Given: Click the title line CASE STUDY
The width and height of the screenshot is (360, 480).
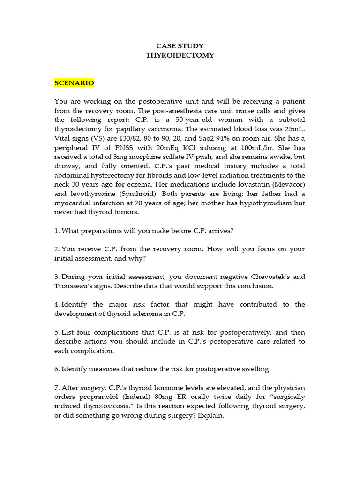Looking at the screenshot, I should [180, 46].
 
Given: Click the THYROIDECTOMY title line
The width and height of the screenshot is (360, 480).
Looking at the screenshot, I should [180, 55].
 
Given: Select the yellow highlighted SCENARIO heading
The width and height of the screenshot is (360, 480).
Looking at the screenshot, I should [74, 83].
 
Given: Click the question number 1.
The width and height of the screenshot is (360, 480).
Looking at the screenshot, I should [57, 230].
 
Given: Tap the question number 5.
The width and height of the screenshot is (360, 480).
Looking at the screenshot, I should [57, 332].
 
